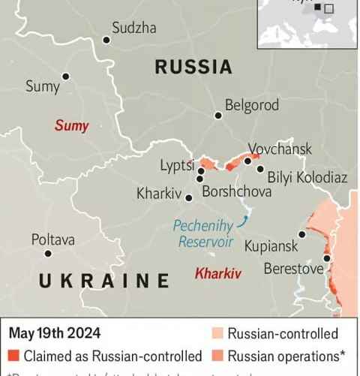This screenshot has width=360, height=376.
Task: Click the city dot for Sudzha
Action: tap(106, 40)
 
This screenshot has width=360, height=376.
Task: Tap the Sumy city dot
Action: tap(66, 77)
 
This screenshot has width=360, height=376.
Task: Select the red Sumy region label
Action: tap(71, 125)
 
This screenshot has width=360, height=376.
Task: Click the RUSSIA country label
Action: tap(193, 67)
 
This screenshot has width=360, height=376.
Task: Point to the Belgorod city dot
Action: tap(218, 116)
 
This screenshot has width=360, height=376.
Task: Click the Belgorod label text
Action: tap(252, 105)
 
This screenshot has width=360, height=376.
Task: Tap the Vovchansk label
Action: tap(280, 149)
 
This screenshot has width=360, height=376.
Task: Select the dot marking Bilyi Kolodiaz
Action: tap(260, 169)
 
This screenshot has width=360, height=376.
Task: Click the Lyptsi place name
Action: tap(177, 165)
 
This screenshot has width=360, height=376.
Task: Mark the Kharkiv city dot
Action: tap(189, 199)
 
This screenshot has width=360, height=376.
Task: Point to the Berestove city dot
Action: tap(327, 258)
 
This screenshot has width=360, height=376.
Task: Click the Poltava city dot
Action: tap(48, 254)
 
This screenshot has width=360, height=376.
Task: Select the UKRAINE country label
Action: tap(104, 281)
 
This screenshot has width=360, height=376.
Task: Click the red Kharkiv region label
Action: tap(218, 273)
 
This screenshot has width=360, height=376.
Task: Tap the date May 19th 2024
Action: tap(55, 333)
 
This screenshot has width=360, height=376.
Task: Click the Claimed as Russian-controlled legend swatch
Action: tap(13, 356)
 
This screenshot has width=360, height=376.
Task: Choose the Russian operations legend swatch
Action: tap(217, 356)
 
